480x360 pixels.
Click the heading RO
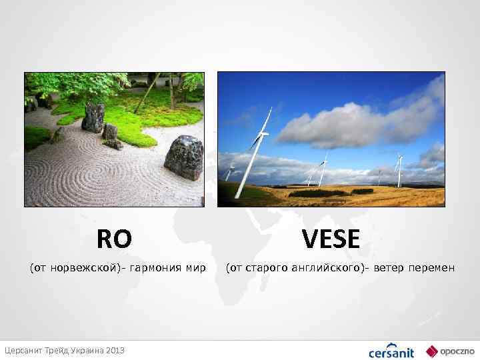tap(114, 238)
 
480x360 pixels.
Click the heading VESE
tap(330, 238)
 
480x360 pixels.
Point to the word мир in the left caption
tap(196, 268)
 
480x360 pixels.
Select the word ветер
tap(389, 268)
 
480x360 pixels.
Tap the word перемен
tap(433, 268)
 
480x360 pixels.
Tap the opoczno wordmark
tap(454, 351)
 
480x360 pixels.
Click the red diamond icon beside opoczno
tap(431, 351)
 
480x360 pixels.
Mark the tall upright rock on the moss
tap(93, 117)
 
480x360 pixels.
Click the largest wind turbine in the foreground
tap(256, 150)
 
